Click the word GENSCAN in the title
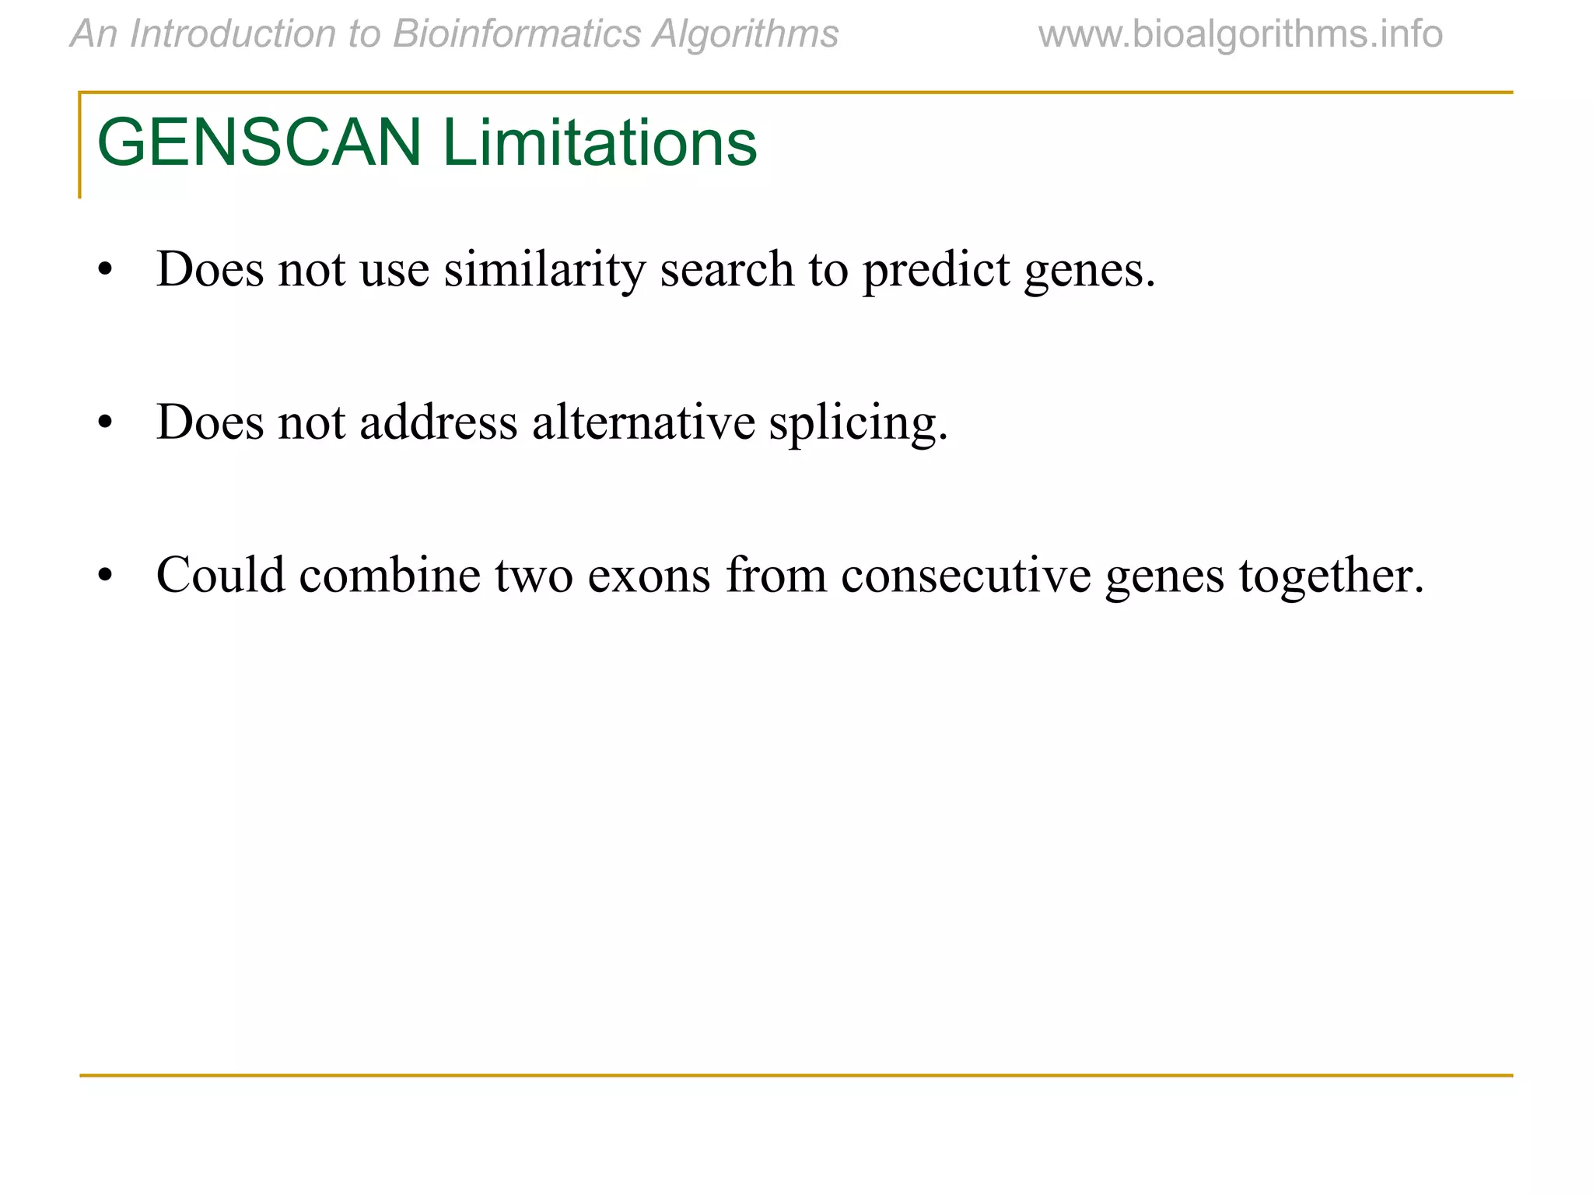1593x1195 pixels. pos(259,143)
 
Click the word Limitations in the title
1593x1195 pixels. pos(600,143)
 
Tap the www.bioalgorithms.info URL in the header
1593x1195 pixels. pos(1240,34)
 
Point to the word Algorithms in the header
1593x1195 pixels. pos(745,34)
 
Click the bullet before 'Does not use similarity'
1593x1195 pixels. pos(106,272)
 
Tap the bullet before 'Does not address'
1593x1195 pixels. pos(106,424)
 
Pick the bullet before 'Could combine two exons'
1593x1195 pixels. pos(106,576)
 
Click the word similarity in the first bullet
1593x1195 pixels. pos(544,269)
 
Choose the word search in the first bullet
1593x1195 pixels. pos(726,269)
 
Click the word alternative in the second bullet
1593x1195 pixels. pos(643,422)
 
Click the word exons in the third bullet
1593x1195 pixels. pos(649,576)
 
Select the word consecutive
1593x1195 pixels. pos(965,576)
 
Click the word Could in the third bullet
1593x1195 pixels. pos(221,575)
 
